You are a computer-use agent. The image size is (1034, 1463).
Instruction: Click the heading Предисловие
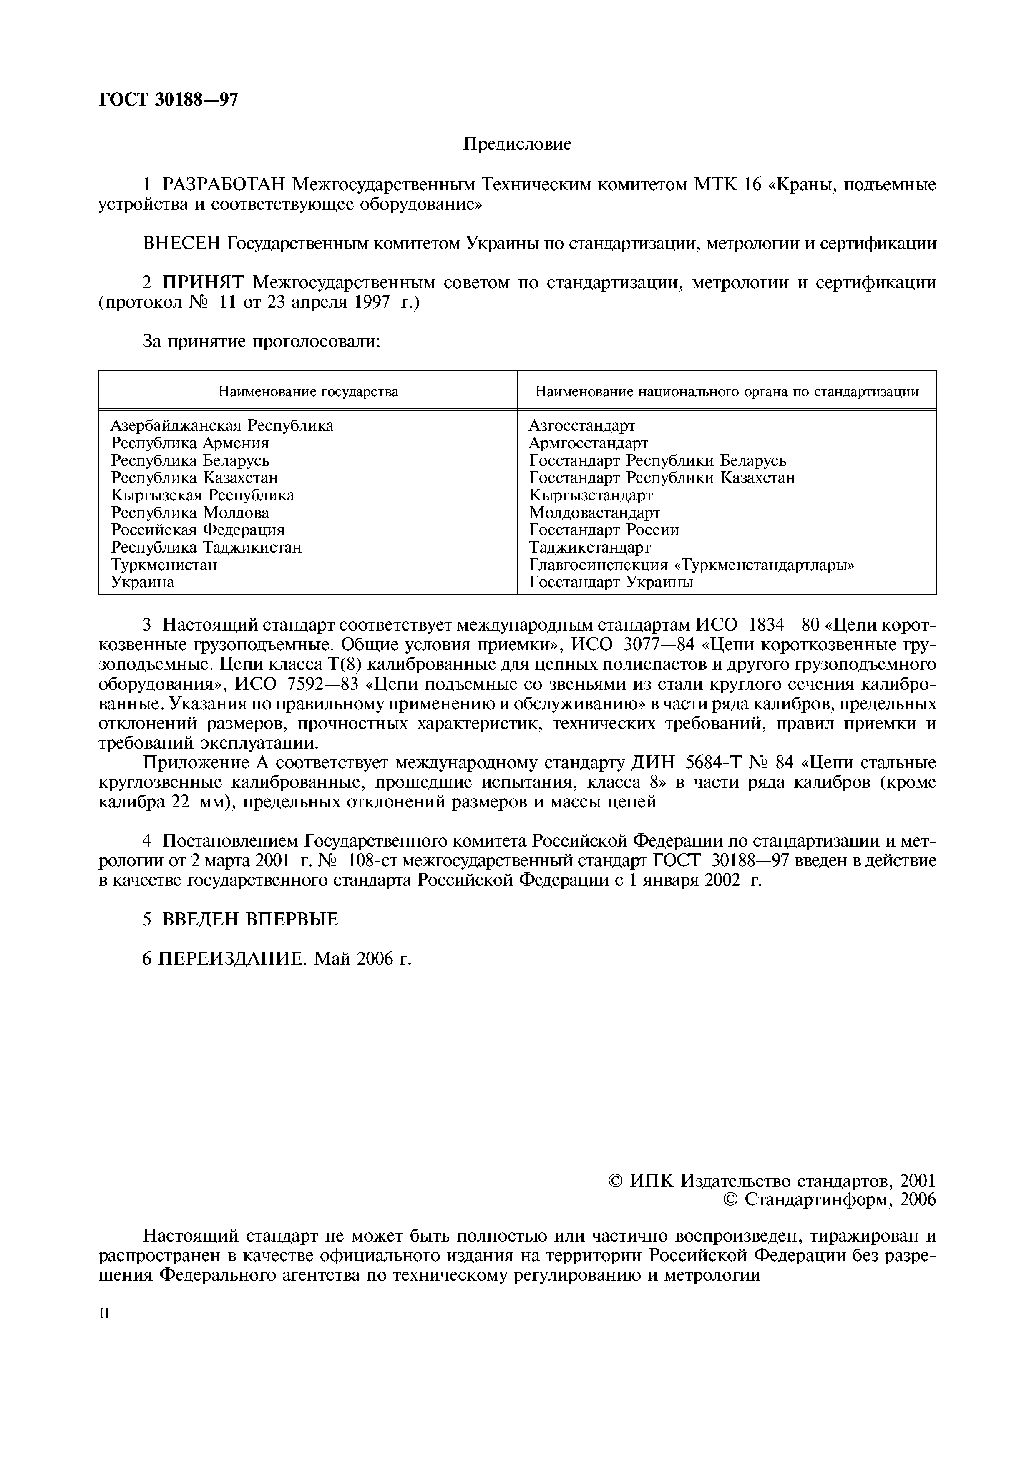[517, 145]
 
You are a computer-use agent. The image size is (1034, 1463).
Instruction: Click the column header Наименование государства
[308, 391]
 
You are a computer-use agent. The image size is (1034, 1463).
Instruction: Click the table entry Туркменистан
[164, 565]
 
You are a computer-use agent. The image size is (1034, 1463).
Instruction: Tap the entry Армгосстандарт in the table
[588, 443]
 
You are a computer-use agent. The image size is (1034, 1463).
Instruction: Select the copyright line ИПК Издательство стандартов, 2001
[772, 1180]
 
